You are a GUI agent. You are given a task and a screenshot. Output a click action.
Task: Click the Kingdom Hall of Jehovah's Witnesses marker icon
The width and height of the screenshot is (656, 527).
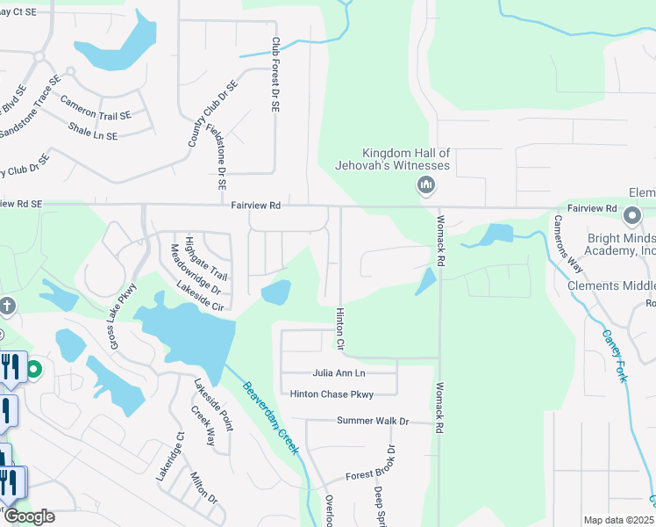(426, 184)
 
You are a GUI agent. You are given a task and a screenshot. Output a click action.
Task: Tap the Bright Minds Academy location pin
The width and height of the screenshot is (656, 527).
(631, 216)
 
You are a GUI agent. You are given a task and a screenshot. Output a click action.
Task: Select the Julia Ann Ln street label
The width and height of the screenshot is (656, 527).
(338, 373)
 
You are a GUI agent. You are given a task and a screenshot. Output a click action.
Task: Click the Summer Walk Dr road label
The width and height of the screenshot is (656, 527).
(374, 422)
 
